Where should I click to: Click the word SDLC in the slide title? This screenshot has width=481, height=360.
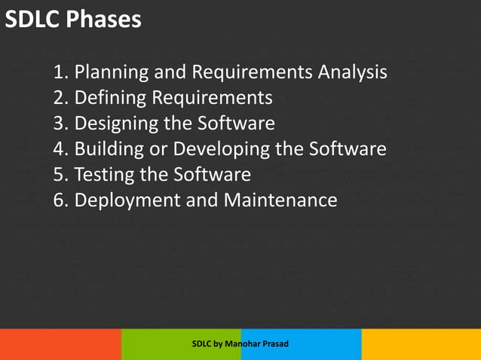[x=32, y=19]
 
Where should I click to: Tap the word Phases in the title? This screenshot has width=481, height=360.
[x=103, y=19]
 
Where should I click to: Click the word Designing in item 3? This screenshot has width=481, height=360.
[x=117, y=124]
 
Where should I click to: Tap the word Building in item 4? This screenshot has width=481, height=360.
[x=112, y=149]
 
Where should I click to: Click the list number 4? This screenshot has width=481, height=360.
[x=60, y=149]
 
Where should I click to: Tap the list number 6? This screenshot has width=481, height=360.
[x=60, y=200]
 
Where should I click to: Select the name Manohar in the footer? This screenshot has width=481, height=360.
[x=241, y=344]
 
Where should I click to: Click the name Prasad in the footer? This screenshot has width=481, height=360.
[x=275, y=344]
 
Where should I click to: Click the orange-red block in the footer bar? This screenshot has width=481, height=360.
[x=60, y=344]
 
